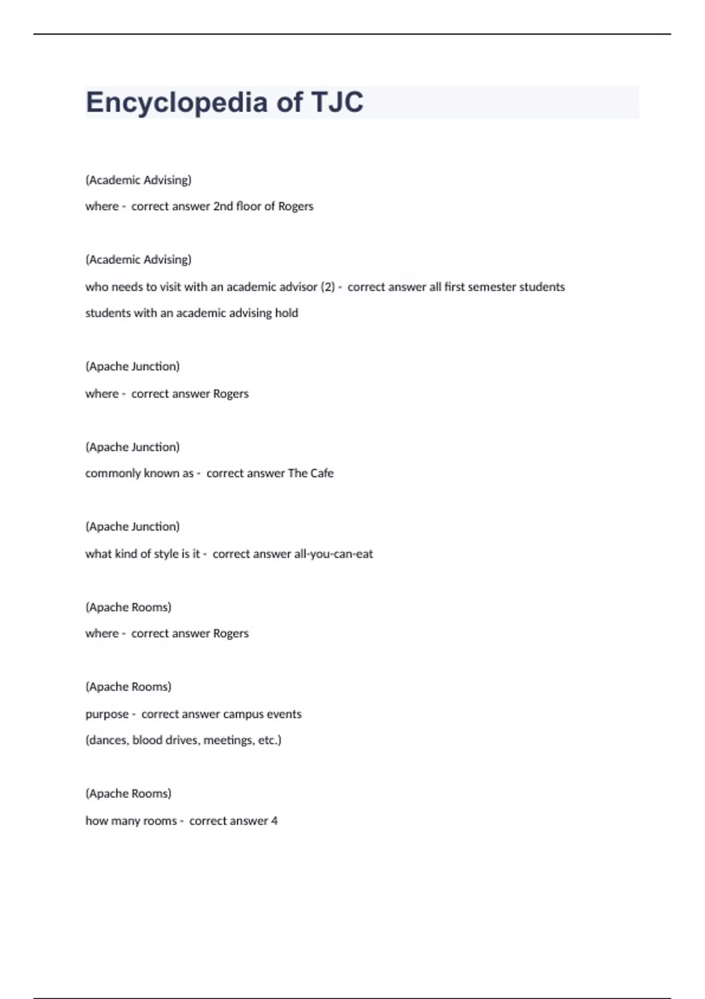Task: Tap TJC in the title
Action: (337, 102)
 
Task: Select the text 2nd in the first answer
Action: (223, 206)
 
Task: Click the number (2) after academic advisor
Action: (327, 287)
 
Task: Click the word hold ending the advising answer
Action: (286, 313)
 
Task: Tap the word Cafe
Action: (321, 473)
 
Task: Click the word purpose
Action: (107, 714)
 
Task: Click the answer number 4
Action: (274, 820)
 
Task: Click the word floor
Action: (249, 206)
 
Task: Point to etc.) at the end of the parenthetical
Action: (270, 740)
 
